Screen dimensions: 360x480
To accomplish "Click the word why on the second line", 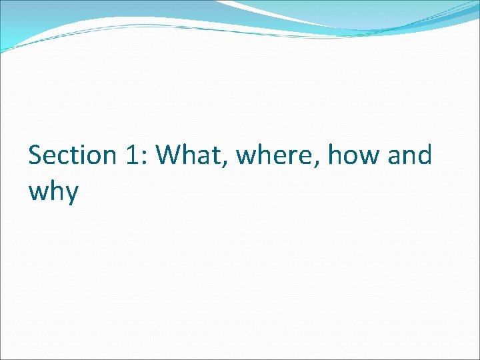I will [x=53, y=192].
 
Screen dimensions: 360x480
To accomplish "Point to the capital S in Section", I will [x=35, y=156].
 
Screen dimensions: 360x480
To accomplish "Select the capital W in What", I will [x=169, y=156].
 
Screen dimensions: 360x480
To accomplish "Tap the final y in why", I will [x=72, y=194].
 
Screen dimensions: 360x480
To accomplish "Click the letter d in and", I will [x=425, y=155].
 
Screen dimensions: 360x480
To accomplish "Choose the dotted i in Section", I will [x=85, y=155].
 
